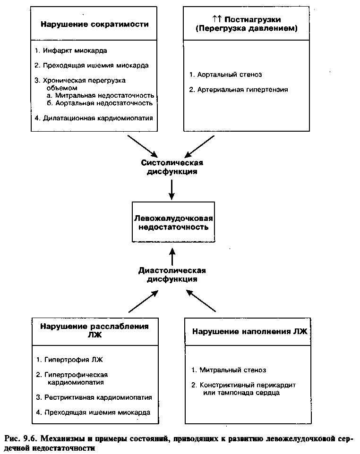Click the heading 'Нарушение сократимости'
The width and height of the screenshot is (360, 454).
pyautogui.click(x=94, y=24)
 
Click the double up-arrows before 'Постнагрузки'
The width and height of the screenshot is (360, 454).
pyautogui.click(x=217, y=19)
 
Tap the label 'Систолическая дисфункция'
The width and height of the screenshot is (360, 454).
pyautogui.click(x=172, y=167)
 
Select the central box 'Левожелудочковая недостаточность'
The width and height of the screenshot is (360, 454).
pyautogui.click(x=173, y=222)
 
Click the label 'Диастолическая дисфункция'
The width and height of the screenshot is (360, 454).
pyautogui.click(x=172, y=275)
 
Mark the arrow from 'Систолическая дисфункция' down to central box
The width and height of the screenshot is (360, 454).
pyautogui.click(x=172, y=190)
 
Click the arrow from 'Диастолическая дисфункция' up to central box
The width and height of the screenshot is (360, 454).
pyautogui.click(x=172, y=257)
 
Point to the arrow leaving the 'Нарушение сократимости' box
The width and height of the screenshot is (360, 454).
pyautogui.click(x=143, y=146)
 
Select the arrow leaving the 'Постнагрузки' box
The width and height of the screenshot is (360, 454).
pyautogui.click(x=200, y=146)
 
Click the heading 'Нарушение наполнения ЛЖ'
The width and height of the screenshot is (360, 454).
pyautogui.click(x=249, y=331)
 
